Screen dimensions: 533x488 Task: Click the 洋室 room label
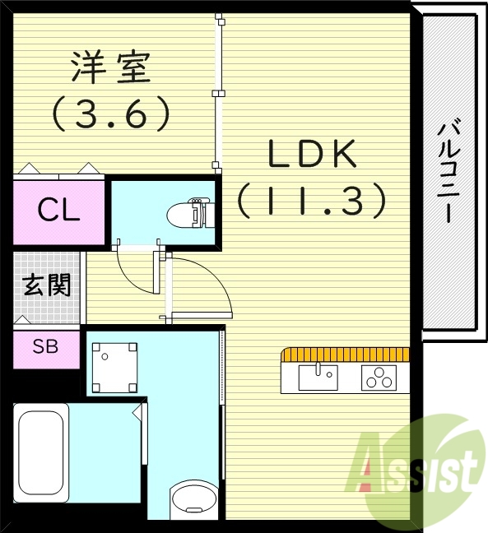110,67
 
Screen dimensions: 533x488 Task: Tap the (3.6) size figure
110,114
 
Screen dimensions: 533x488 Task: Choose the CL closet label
58,211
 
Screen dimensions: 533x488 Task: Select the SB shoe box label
46,346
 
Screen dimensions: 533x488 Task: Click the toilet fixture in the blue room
188,213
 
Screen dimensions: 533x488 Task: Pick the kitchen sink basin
318,378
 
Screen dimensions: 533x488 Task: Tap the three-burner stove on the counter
379,378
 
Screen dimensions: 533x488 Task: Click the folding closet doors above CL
58,171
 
